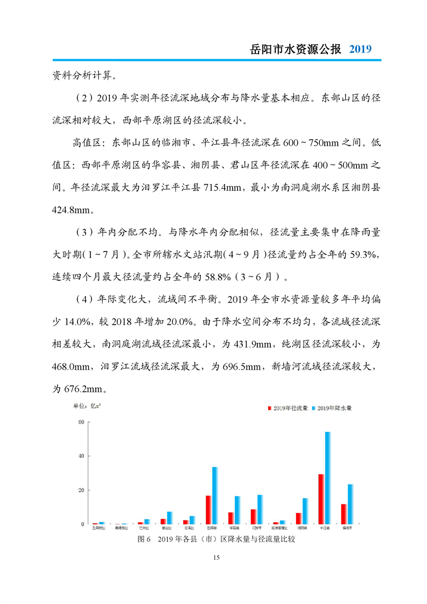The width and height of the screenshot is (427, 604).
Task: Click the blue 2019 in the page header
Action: [360, 49]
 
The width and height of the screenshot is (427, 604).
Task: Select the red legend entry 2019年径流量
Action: [288, 409]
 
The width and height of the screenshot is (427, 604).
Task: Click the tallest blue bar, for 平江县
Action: [327, 478]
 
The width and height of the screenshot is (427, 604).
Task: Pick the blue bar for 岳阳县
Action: [215, 495]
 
